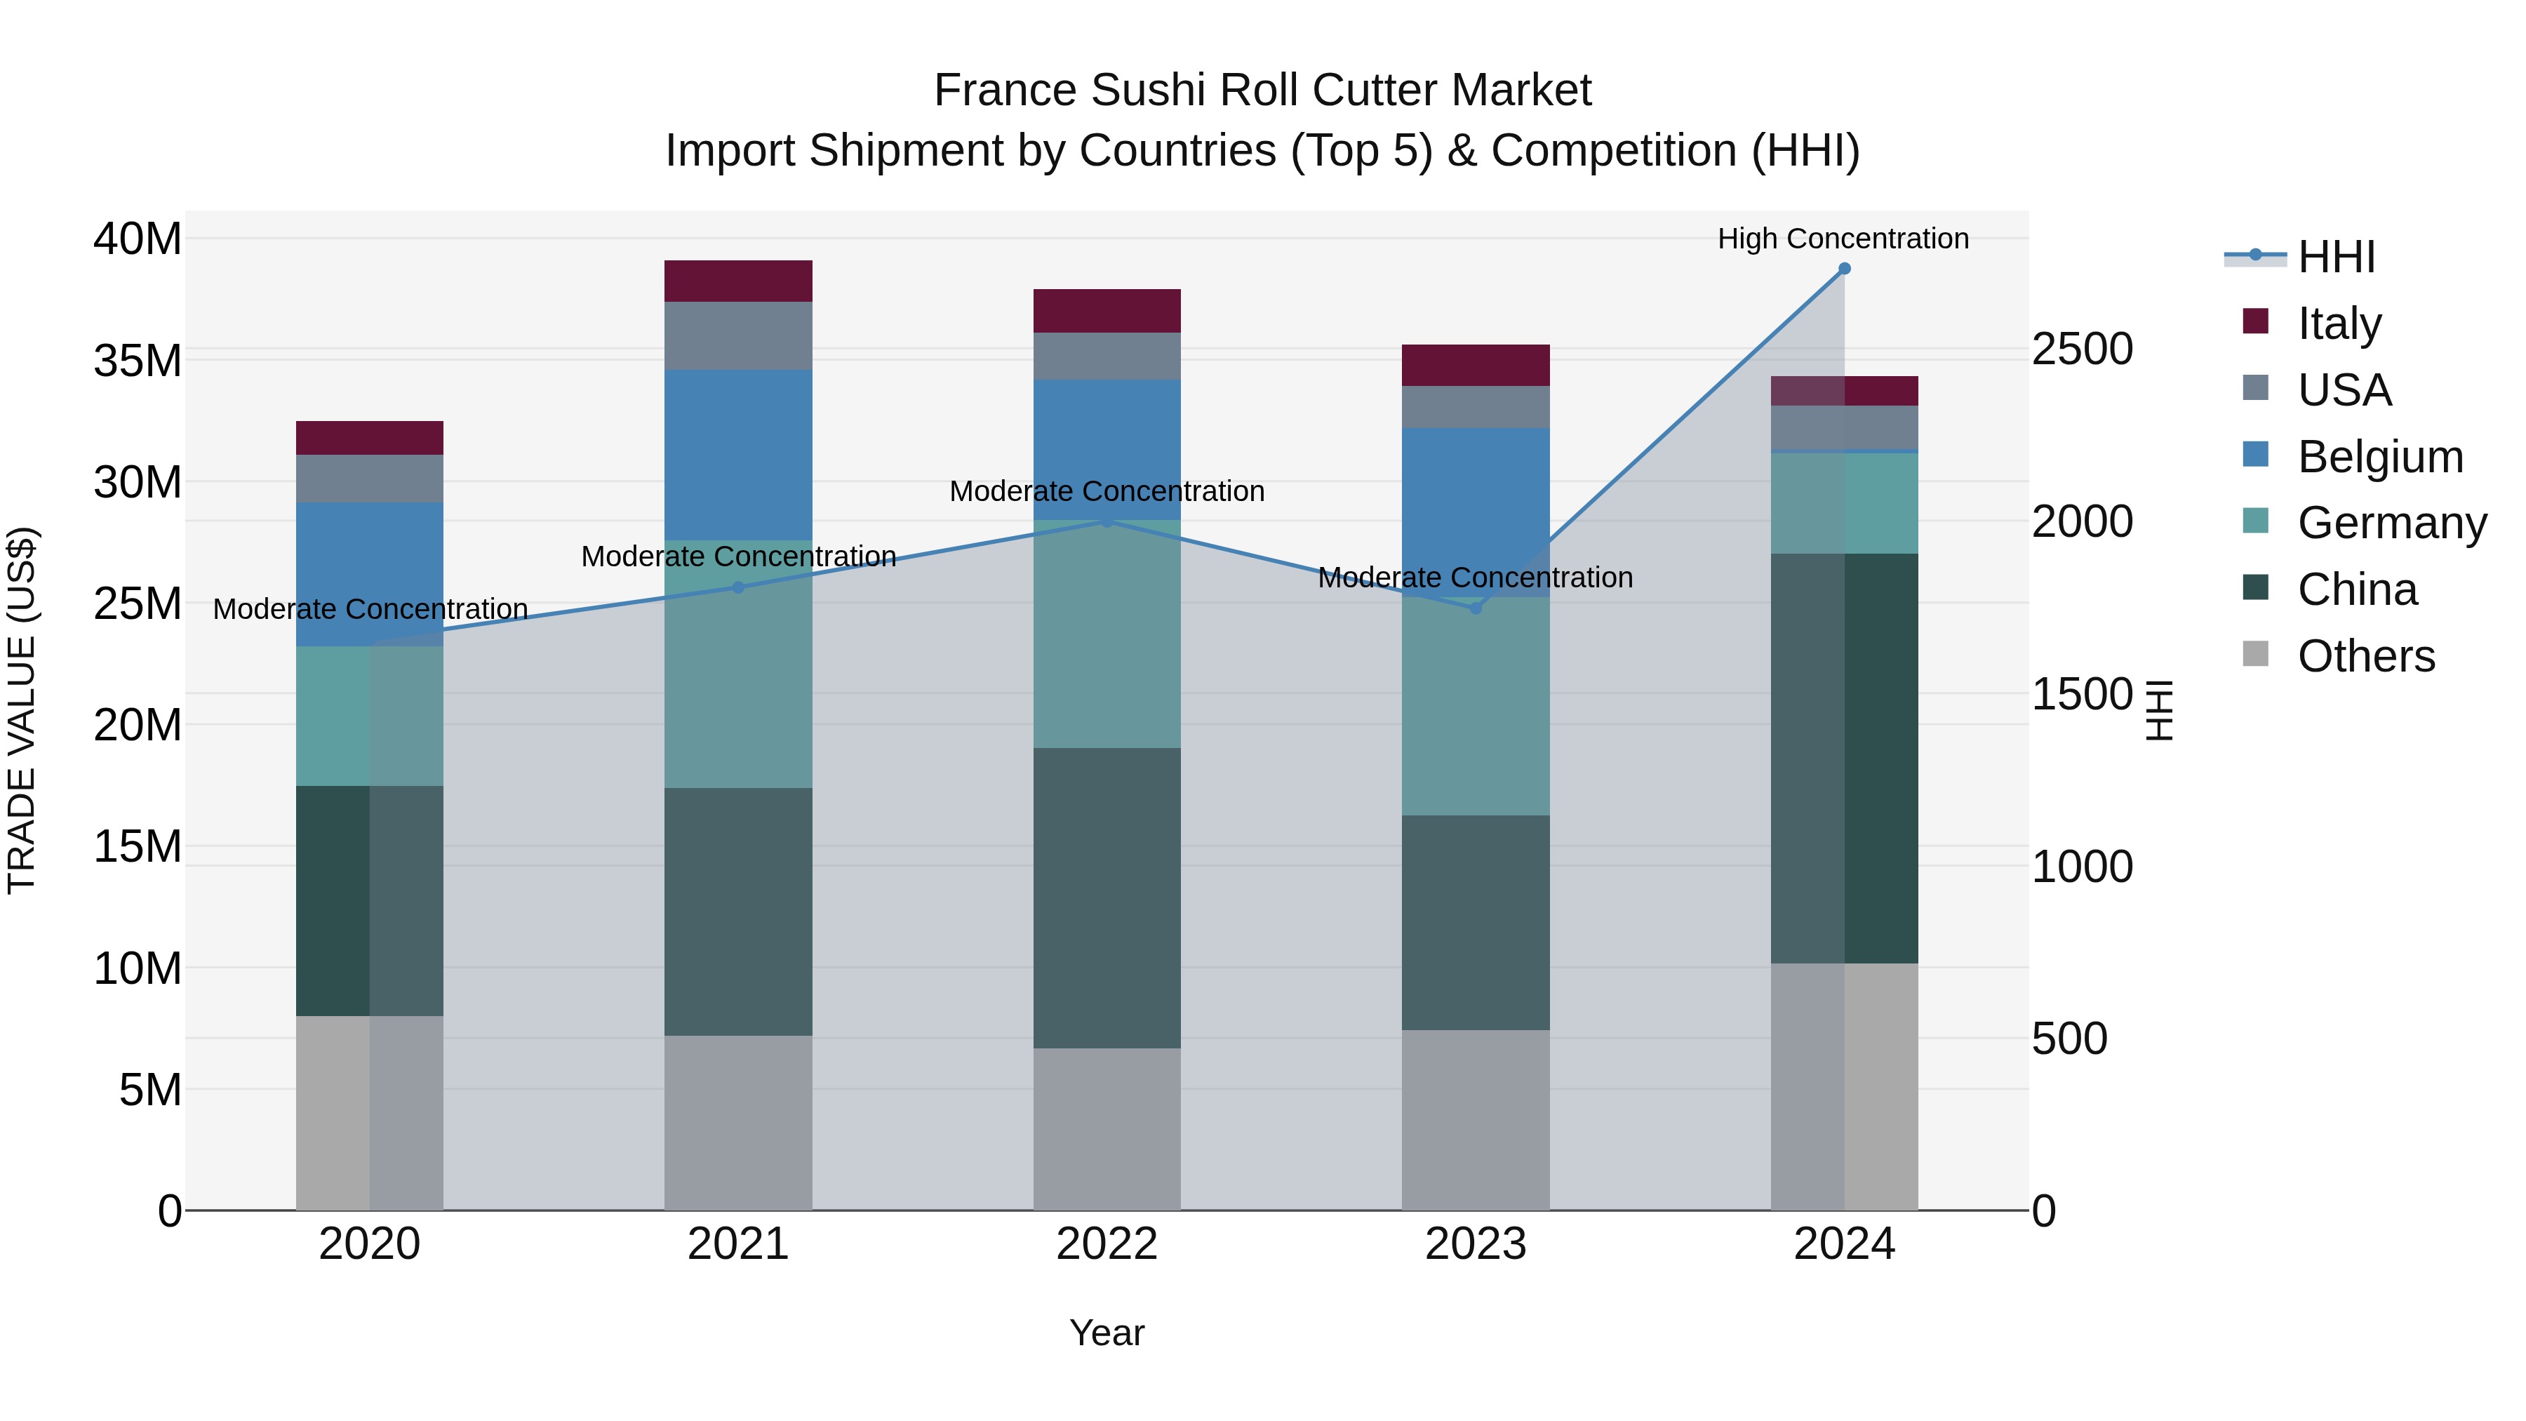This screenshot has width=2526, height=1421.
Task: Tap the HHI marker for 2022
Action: pyautogui.click(x=1107, y=521)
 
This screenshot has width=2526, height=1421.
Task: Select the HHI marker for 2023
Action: pyautogui.click(x=1476, y=608)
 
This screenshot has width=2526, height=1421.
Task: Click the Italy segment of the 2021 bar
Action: pyautogui.click(x=738, y=281)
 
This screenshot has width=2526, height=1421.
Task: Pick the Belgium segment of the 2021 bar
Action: pyautogui.click(x=738, y=455)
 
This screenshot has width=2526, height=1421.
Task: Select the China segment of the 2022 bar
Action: pyautogui.click(x=1107, y=898)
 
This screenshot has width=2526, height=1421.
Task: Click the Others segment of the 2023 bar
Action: pyautogui.click(x=1476, y=1120)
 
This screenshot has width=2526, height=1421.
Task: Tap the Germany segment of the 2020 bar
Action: pyautogui.click(x=370, y=716)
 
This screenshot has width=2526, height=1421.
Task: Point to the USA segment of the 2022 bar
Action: pyautogui.click(x=1107, y=356)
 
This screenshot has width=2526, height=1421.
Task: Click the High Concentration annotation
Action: pyautogui.click(x=1843, y=239)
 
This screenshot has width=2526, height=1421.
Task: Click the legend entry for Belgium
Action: pyautogui.click(x=2380, y=457)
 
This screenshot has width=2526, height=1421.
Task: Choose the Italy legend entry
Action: pyautogui.click(x=2339, y=323)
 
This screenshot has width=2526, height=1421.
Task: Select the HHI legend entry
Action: pyautogui.click(x=2336, y=257)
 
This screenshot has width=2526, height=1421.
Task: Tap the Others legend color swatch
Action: pyautogui.click(x=2255, y=654)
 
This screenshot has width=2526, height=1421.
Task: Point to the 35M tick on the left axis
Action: pyautogui.click(x=138, y=361)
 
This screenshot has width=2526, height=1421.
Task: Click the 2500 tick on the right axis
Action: pyautogui.click(x=2082, y=349)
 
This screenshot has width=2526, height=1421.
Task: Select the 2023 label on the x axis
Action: pyautogui.click(x=1476, y=1244)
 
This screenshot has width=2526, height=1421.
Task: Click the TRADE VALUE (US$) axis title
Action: pyautogui.click(x=22, y=710)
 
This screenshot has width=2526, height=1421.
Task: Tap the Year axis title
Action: pyautogui.click(x=1107, y=1333)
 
